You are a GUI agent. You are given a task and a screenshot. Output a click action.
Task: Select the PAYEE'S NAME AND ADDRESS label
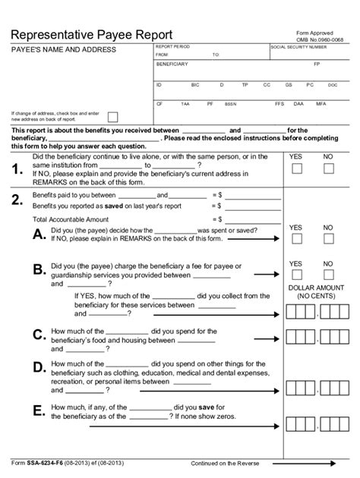[63, 49]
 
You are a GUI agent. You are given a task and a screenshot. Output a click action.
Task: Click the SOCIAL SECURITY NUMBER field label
[298, 47]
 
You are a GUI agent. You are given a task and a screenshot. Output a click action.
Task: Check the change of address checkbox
[112, 117]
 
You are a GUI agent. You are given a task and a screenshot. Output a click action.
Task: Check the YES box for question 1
[297, 172]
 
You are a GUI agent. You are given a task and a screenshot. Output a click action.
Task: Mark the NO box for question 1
[329, 172]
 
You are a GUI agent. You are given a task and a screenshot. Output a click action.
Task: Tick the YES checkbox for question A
[297, 240]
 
